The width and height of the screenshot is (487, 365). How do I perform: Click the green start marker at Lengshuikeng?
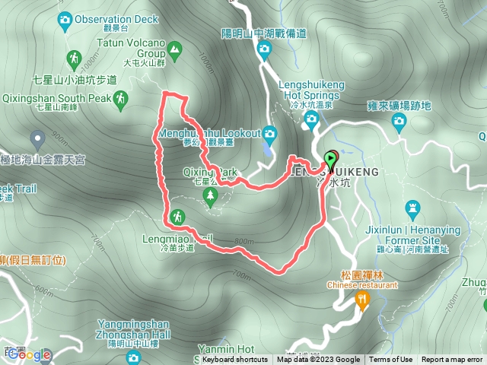pyautogui.click(x=331, y=159)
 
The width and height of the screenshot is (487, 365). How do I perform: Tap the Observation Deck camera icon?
pyautogui.click(x=65, y=17)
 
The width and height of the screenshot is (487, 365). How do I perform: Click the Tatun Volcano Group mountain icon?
pyautogui.click(x=176, y=51)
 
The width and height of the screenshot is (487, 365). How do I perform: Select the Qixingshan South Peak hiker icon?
pyautogui.click(x=120, y=97)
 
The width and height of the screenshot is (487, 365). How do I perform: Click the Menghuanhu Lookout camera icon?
pyautogui.click(x=269, y=134)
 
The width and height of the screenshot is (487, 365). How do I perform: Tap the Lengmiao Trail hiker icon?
pyautogui.click(x=177, y=217)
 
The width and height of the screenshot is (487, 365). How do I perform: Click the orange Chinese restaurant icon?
pyautogui.click(x=361, y=300)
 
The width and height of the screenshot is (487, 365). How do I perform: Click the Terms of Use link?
pyautogui.click(x=391, y=360)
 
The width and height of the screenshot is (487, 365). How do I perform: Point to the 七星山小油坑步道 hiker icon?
pyautogui.click(x=74, y=59)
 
